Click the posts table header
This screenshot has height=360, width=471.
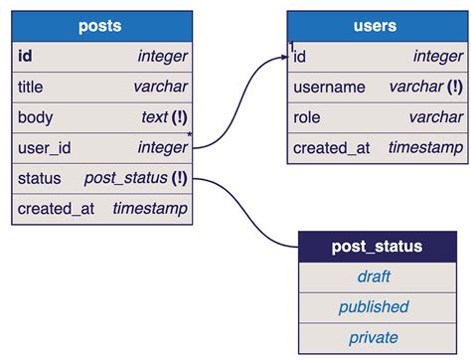(99, 26)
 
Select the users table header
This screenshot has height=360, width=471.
(375, 26)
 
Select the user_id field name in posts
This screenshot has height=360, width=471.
(45, 148)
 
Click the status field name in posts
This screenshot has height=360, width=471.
(40, 179)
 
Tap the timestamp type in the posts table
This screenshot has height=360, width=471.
(150, 210)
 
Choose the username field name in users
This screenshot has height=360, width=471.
(329, 88)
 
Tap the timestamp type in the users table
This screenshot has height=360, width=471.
(425, 148)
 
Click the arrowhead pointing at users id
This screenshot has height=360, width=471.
(282, 58)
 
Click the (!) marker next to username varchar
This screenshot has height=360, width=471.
(454, 88)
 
